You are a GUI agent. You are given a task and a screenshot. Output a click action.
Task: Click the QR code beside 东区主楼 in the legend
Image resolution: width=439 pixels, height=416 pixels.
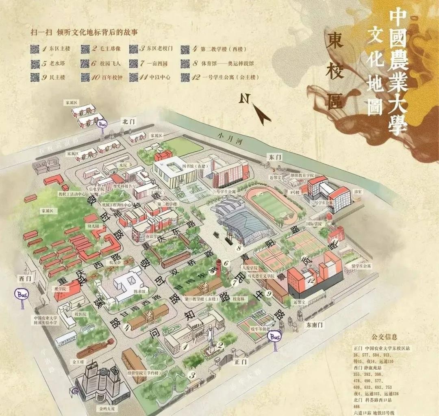pyautogui.click(x=35, y=49)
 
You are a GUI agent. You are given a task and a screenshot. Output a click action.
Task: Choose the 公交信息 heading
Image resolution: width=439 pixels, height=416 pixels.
pyautogui.click(x=384, y=337)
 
